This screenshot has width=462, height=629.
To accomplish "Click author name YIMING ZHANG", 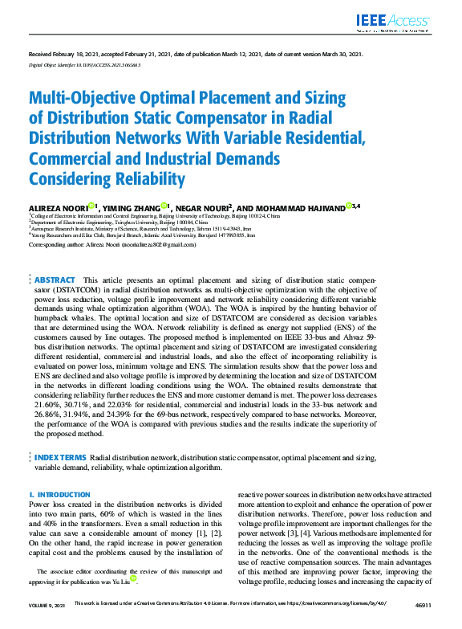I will (131, 207).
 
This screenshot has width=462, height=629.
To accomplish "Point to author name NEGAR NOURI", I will (203, 207).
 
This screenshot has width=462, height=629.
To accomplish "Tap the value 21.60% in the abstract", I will (47, 404).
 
